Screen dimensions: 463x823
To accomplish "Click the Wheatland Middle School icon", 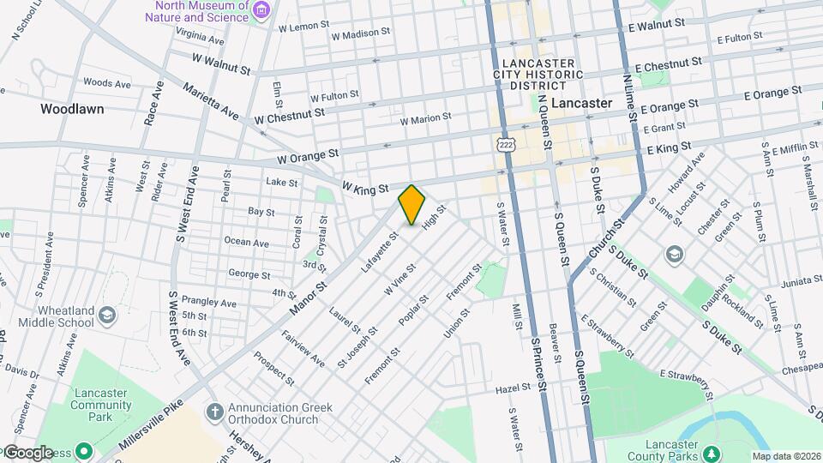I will point(107,315).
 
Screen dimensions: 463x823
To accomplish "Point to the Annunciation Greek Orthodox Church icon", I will point(214,412).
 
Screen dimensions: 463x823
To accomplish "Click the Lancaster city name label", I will point(581,103).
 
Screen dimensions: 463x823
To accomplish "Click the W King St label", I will point(365,186).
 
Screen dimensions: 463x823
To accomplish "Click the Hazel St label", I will point(514,388).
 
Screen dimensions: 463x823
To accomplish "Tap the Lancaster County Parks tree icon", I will point(709,452).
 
